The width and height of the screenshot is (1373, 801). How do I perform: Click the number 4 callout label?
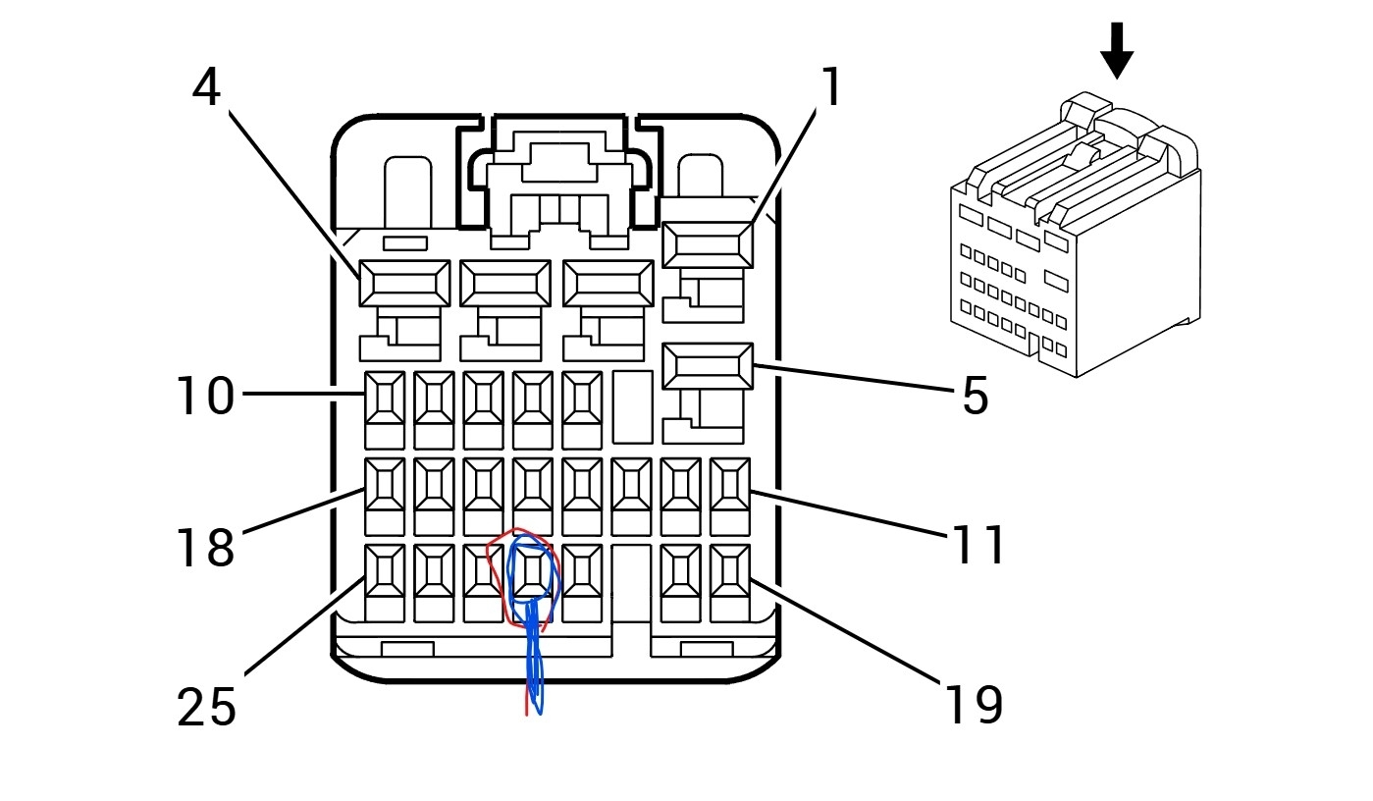click(206, 88)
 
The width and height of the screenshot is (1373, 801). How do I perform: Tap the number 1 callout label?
click(831, 88)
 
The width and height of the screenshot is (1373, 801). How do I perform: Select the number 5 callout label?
click(975, 396)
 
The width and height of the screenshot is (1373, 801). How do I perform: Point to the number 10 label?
click(206, 397)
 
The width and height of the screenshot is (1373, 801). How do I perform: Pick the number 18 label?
click(206, 547)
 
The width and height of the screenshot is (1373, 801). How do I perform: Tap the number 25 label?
click(207, 707)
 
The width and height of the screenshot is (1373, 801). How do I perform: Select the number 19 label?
click(975, 705)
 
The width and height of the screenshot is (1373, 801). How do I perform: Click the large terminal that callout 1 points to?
click(708, 244)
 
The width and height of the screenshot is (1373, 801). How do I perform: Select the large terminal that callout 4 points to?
click(404, 284)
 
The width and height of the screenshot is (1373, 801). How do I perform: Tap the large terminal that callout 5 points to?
click(708, 366)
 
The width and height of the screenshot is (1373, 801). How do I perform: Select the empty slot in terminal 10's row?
click(632, 407)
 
